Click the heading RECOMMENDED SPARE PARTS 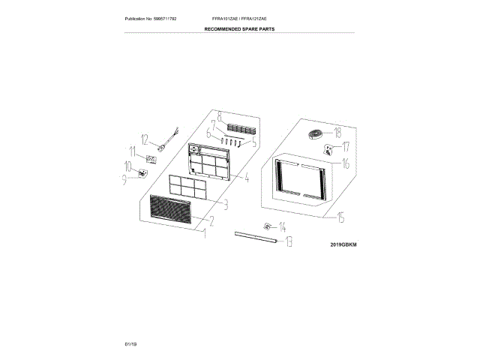click(240, 29)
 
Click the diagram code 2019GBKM click(343, 244)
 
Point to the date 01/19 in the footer click(130, 343)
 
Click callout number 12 click(143, 138)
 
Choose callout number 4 click(245, 178)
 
